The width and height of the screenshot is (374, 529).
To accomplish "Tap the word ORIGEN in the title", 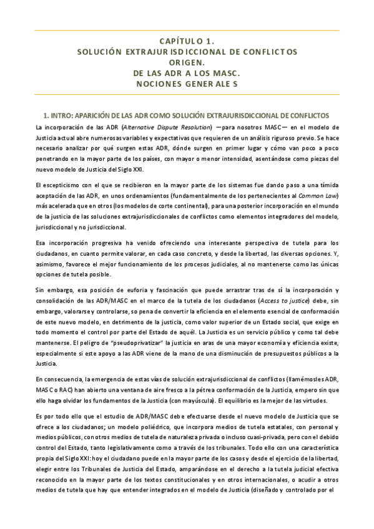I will [187, 62].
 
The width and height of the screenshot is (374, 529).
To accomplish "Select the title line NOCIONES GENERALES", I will [187, 84].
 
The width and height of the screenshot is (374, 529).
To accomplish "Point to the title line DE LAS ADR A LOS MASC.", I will [187, 73].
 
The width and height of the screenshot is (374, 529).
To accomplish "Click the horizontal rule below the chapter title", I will [187, 95].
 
